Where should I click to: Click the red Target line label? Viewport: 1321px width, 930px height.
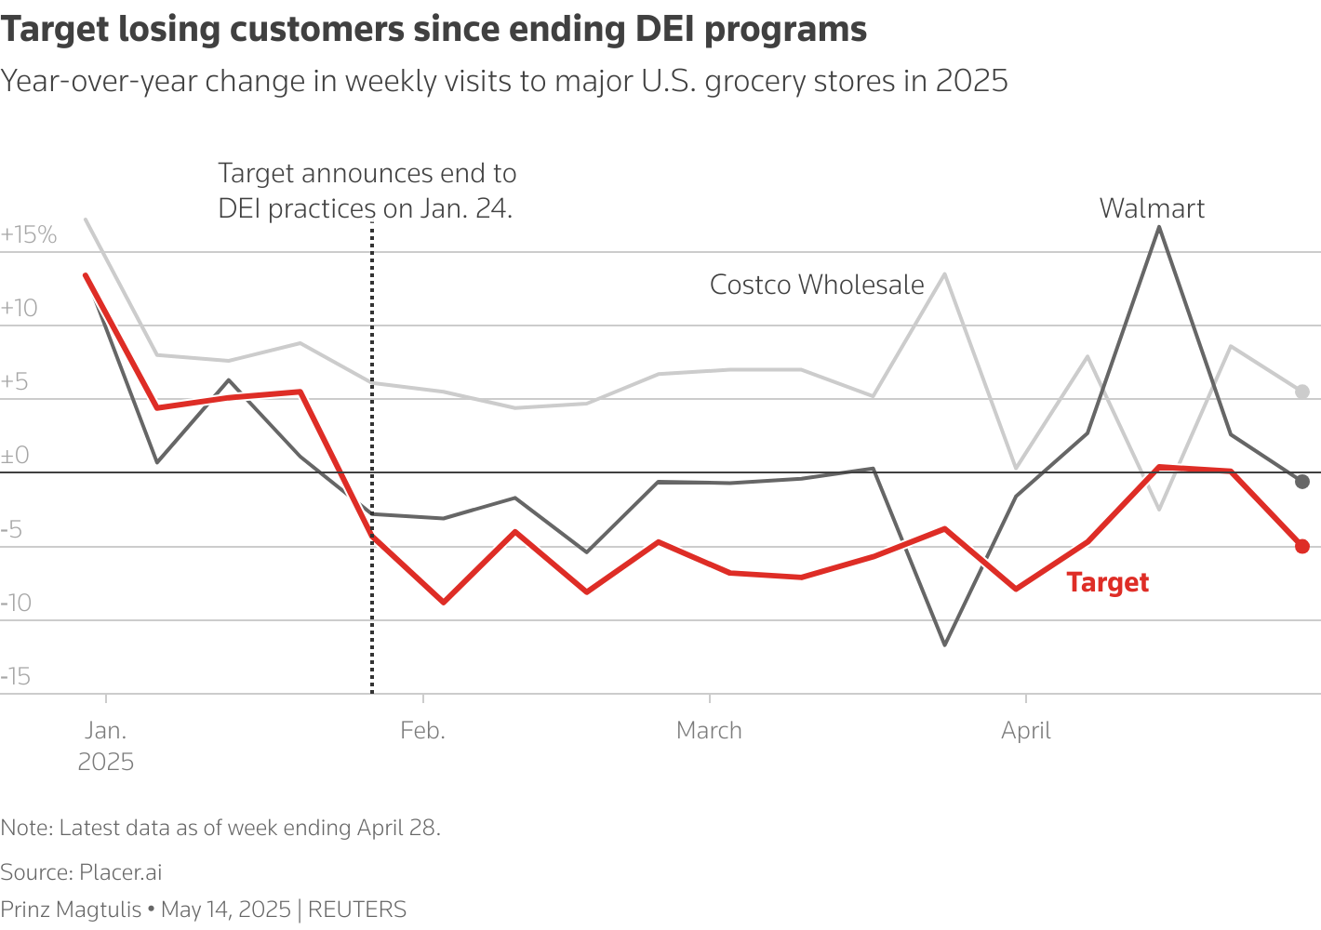1107,582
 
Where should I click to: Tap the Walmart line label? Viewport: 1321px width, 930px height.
1152,208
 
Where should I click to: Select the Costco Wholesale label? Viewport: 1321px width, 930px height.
817,285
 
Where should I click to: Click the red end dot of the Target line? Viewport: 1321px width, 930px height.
1302,546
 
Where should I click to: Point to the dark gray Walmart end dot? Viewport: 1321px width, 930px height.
1302,481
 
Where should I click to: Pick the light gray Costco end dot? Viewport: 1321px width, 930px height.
1302,392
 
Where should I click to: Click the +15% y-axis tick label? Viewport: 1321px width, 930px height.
29,234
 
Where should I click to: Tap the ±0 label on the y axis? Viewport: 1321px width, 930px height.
15,456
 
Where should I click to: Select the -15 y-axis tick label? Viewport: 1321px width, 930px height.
16,676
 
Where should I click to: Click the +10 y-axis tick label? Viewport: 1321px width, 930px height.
20,308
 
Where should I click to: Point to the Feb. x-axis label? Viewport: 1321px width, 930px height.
422,731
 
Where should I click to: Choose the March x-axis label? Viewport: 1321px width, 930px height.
709,731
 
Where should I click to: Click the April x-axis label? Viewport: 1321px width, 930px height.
1025,731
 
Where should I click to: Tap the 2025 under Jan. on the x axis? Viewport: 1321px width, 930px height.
106,762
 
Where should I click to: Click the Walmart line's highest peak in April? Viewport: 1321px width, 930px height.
1158,227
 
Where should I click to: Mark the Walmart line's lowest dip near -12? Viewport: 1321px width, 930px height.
945,644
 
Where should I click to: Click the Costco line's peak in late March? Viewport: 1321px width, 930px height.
945,274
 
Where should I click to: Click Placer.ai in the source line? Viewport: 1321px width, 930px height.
120,872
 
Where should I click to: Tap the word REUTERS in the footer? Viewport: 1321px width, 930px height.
357,909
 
